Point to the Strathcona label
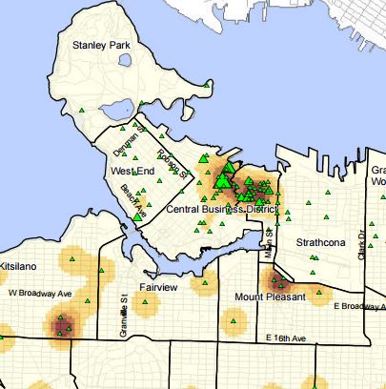coord(316,243)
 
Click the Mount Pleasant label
coord(270,297)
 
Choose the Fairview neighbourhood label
coord(157,286)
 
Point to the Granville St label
coord(124,311)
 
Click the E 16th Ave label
coord(287,338)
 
